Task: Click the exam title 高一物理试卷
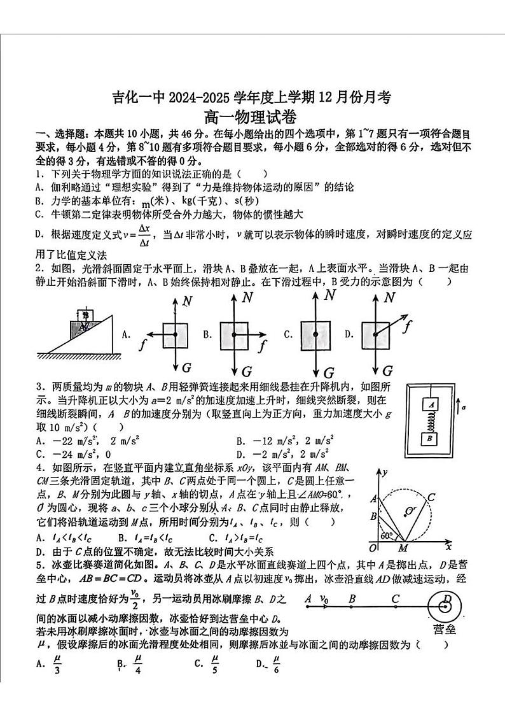point(252,117)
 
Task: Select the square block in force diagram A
point(175,334)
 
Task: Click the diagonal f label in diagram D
point(408,328)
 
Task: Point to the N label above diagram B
point(247,297)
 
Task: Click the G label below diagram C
point(329,373)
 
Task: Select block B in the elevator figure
point(431,439)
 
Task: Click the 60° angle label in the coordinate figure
point(385,535)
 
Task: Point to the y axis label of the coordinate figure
point(385,471)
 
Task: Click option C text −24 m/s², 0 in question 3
point(73,454)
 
